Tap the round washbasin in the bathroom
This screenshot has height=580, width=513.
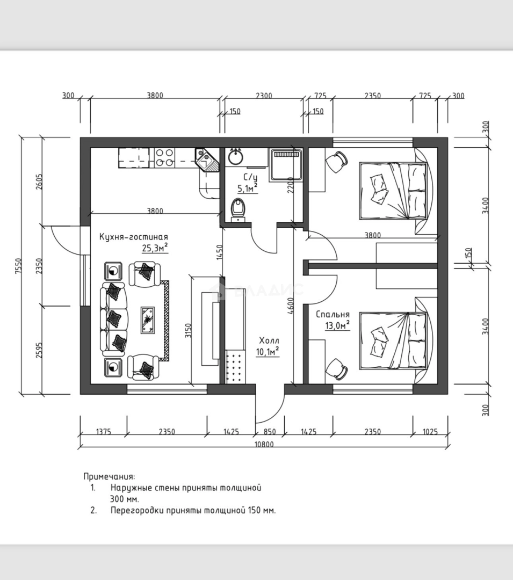click(236, 156)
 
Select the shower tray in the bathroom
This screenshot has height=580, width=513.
click(286, 165)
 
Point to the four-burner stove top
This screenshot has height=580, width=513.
click(164, 157)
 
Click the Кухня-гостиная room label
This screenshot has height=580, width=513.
click(134, 237)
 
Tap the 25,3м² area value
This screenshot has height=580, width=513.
click(155, 248)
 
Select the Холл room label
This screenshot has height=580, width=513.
click(269, 340)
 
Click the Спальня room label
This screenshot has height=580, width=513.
click(333, 314)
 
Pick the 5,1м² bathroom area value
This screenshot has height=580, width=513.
click(248, 189)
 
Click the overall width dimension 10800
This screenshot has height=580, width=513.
click(264, 444)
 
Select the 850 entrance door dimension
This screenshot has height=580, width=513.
click(270, 432)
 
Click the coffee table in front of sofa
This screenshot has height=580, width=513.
click(148, 320)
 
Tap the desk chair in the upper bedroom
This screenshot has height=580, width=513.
click(336, 162)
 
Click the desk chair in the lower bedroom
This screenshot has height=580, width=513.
click(336, 369)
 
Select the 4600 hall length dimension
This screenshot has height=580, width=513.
click(291, 306)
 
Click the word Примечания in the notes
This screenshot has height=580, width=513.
click(109, 476)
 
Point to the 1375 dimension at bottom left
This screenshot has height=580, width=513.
click(104, 432)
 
